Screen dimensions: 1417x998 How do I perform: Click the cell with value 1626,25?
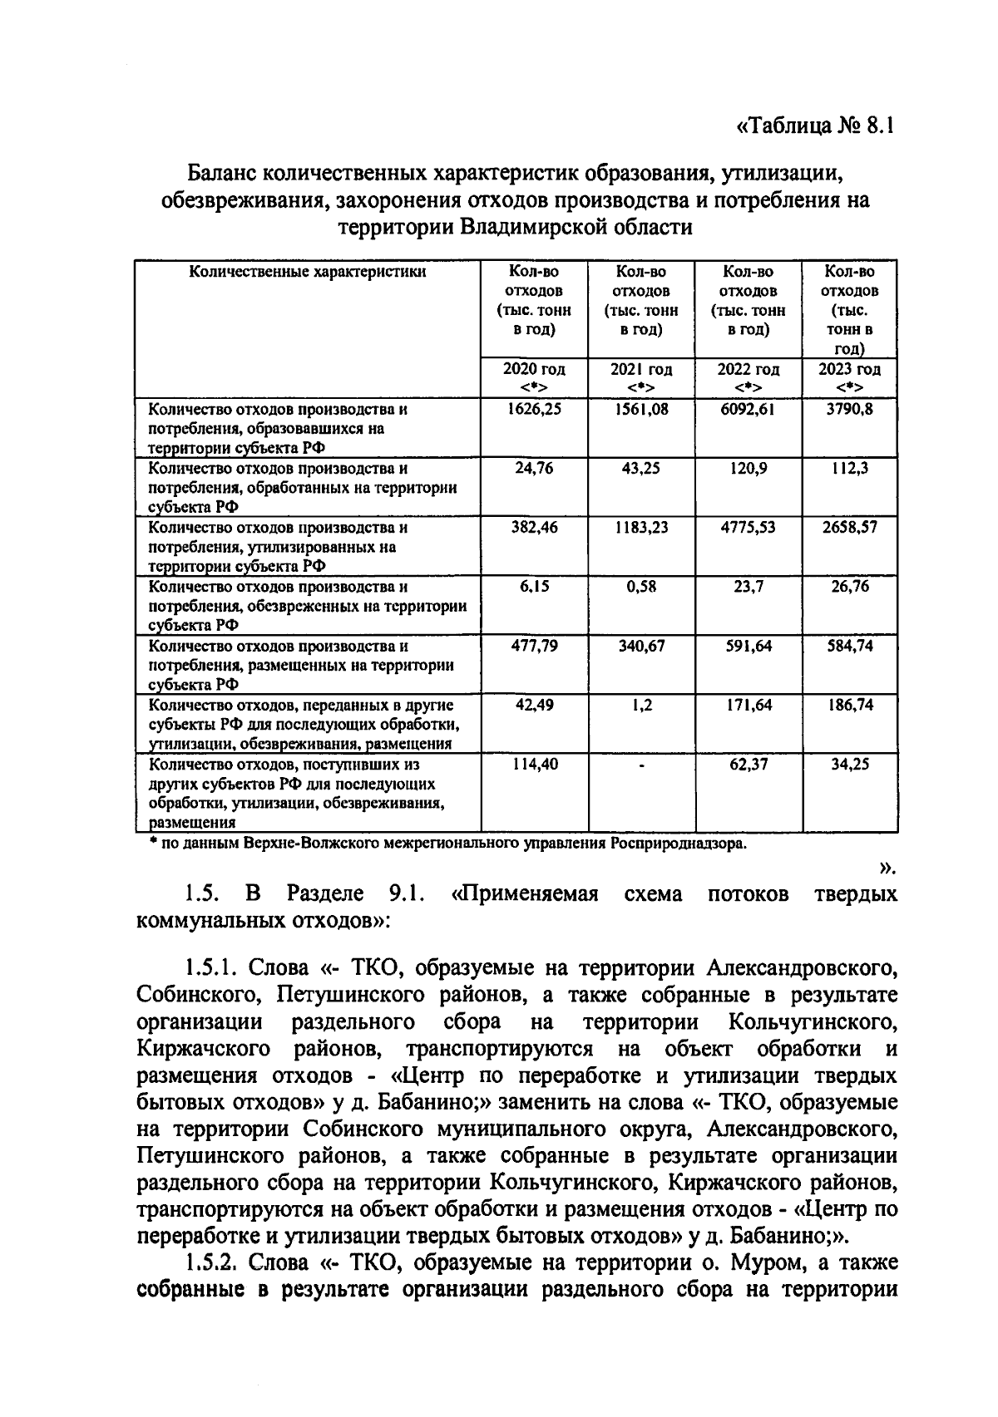pyautogui.click(x=534, y=410)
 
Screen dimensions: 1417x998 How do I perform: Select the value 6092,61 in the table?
pyautogui.click(x=748, y=410)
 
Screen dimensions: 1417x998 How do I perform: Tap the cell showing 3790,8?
pyautogui.click(x=849, y=410)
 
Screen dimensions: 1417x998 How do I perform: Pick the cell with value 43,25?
pyautogui.click(x=640, y=469)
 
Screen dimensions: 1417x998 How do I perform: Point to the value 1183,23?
pyautogui.click(x=640, y=528)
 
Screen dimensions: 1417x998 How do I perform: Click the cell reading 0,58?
pyautogui.click(x=640, y=587)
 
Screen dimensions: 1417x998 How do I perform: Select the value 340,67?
pyautogui.click(x=640, y=646)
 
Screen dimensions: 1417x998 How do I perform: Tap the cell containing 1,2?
pyautogui.click(x=640, y=705)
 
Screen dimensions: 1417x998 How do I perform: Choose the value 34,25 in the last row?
pyautogui.click(x=849, y=765)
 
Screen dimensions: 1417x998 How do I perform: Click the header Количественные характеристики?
pyautogui.click(x=308, y=272)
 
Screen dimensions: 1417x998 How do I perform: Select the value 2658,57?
pyautogui.click(x=849, y=528)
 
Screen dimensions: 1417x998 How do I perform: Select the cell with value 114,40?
pyautogui.click(x=534, y=765)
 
